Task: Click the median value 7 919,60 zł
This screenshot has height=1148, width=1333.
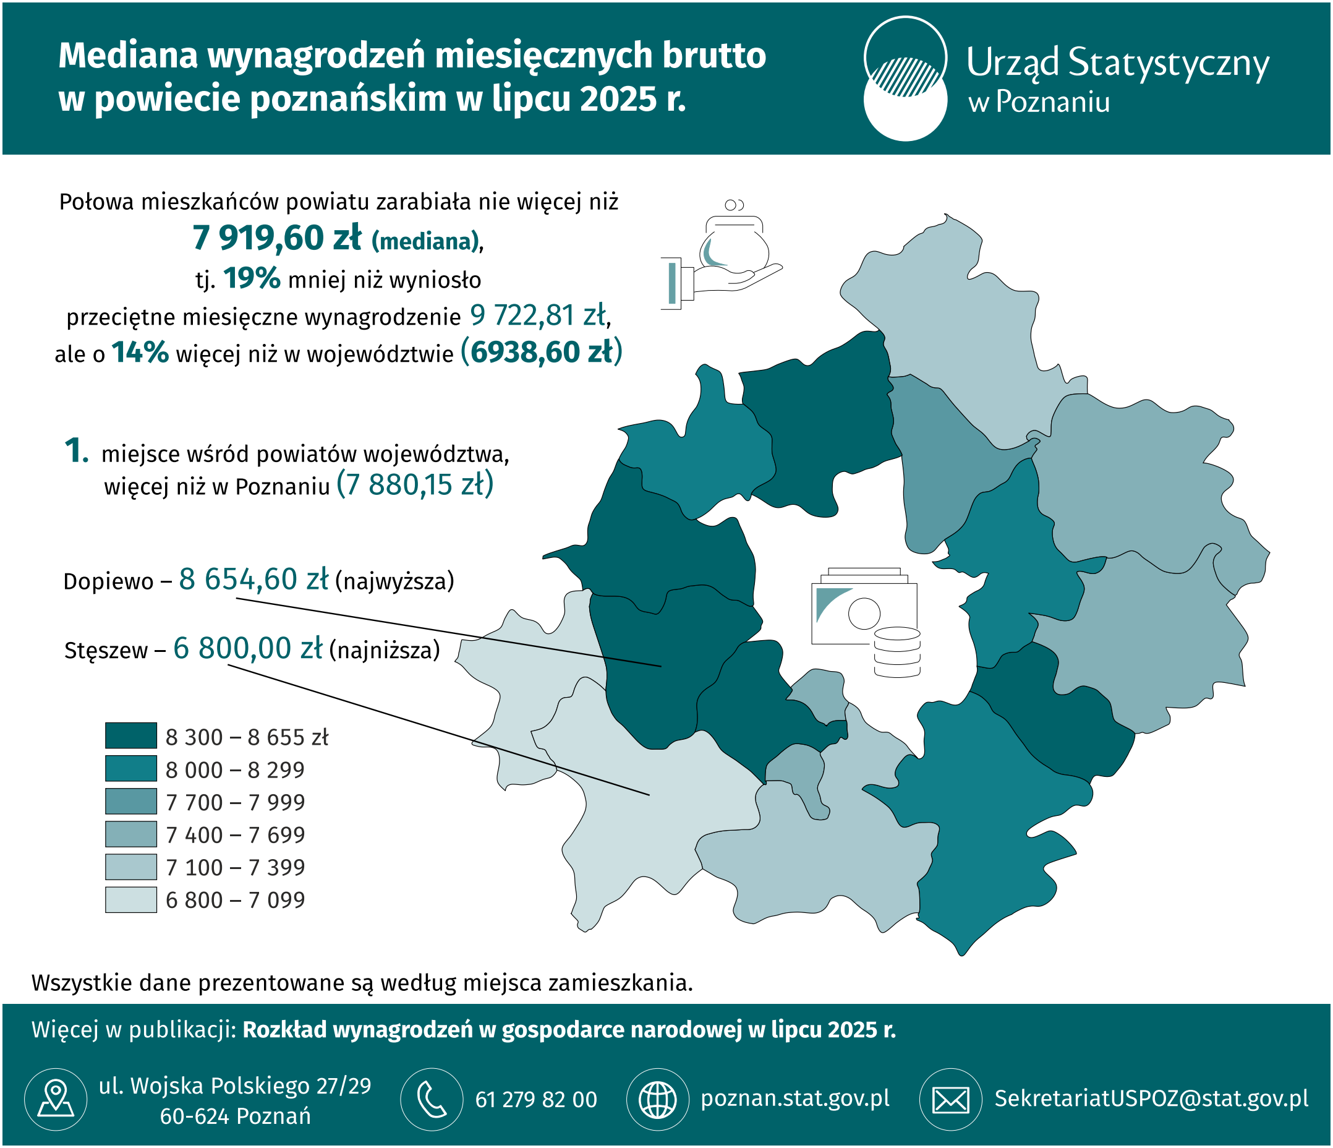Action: click(x=276, y=239)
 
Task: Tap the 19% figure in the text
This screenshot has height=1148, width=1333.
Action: click(x=252, y=278)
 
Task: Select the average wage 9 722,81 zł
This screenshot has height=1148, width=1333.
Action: click(x=538, y=315)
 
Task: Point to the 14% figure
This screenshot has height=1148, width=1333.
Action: click(x=140, y=353)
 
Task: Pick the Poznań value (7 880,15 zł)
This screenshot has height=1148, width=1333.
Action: click(x=415, y=484)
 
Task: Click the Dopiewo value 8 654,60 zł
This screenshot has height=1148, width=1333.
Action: click(x=253, y=580)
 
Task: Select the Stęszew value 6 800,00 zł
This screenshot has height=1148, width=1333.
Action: click(x=248, y=649)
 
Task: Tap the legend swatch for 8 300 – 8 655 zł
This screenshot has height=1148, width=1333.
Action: click(x=130, y=735)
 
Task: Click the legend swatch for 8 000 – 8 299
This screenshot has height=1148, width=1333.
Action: click(x=130, y=768)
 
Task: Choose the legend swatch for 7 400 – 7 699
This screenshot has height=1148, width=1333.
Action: click(x=130, y=834)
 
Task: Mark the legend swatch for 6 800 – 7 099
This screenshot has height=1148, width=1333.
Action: click(x=130, y=899)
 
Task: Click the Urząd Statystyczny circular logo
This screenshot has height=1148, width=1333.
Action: click(x=905, y=79)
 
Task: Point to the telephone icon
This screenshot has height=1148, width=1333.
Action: click(x=431, y=1099)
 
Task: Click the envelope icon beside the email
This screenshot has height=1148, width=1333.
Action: click(x=950, y=1099)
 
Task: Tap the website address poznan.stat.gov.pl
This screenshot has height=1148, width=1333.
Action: click(x=795, y=1099)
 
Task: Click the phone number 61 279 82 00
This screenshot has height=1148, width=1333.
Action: click(x=536, y=1100)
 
